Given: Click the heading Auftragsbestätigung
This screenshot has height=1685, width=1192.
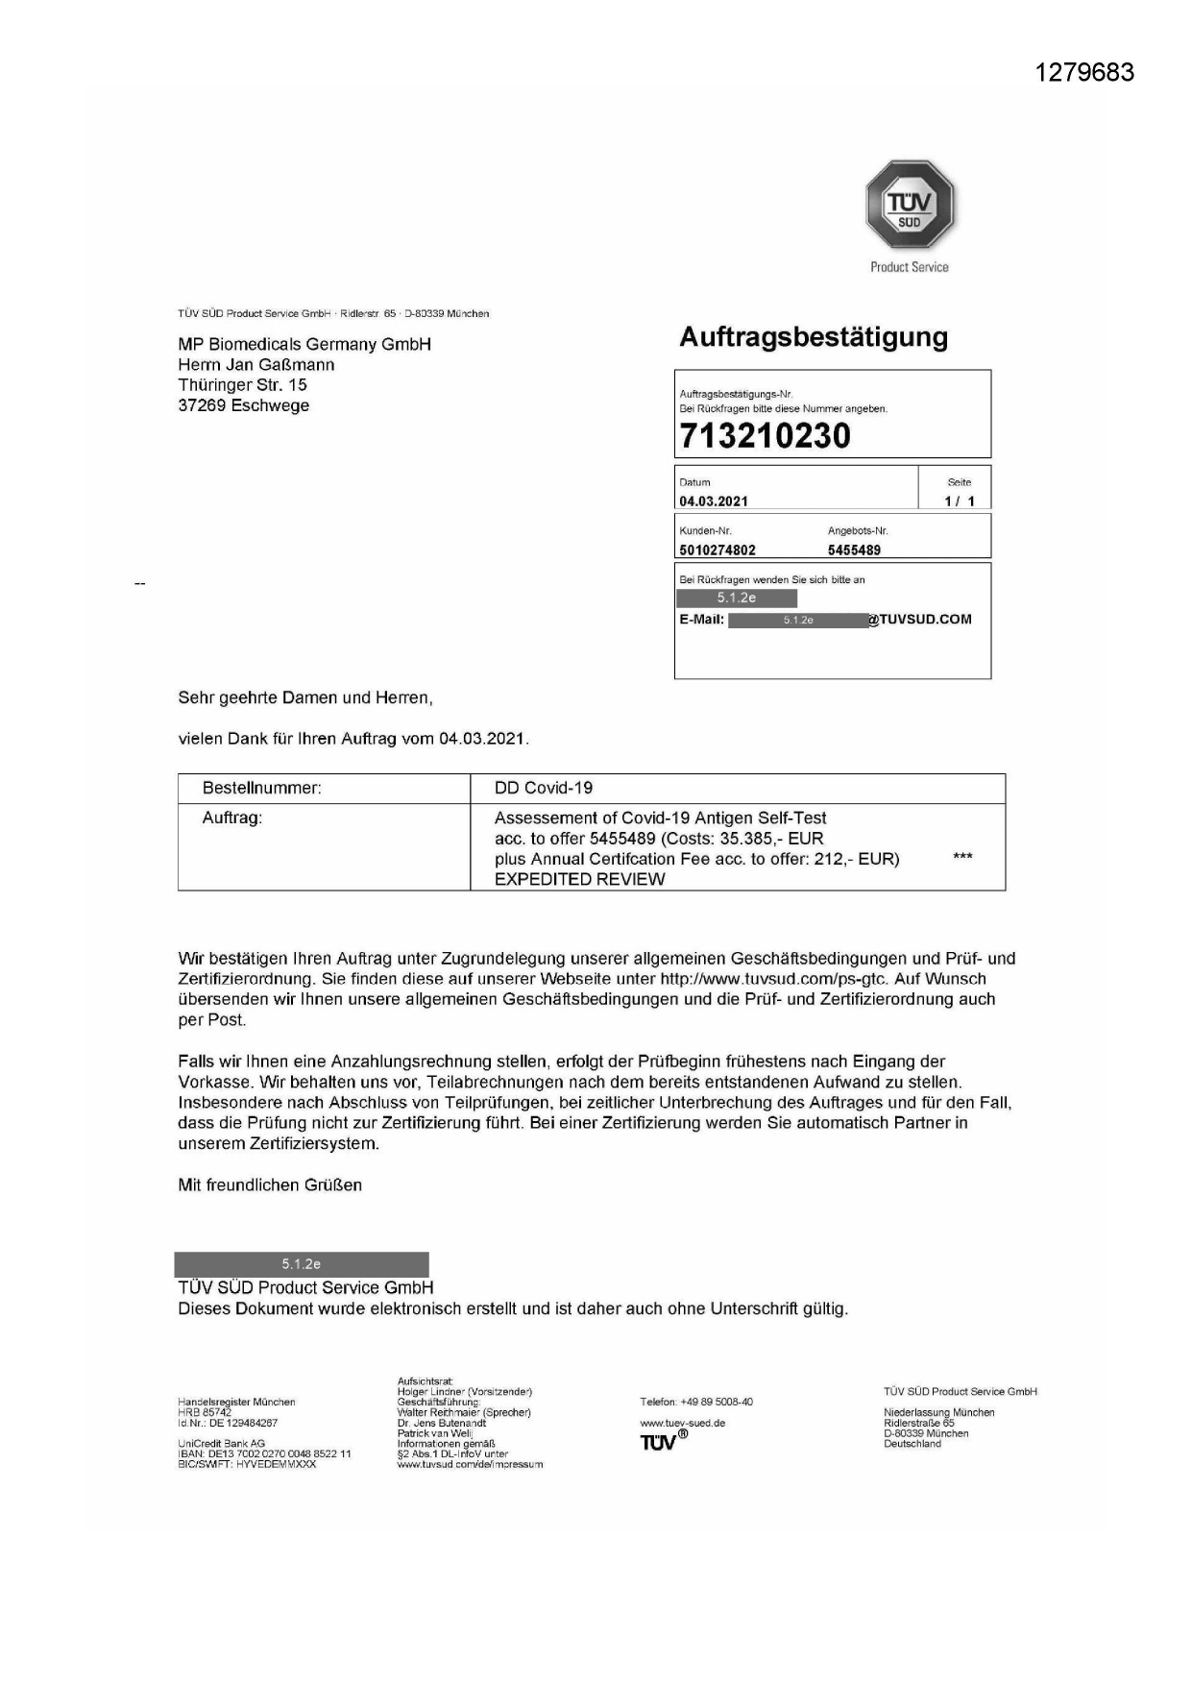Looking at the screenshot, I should click(813, 337).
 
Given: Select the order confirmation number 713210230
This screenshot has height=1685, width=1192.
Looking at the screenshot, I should click(765, 436).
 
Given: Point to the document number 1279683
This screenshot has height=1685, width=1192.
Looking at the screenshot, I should click(1084, 73).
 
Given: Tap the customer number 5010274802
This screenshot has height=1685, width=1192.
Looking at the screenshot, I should click(717, 550).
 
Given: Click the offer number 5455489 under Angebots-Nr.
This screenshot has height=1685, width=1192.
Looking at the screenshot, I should click(854, 550).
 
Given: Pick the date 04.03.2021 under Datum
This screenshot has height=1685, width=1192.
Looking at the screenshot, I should click(713, 501).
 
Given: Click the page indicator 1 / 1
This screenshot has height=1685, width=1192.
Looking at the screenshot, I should click(959, 501).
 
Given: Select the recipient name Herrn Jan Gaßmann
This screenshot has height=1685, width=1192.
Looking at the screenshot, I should click(256, 365).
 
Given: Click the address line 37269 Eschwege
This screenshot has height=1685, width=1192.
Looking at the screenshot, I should click(244, 405).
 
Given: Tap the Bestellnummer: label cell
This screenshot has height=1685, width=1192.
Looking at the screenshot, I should click(261, 788).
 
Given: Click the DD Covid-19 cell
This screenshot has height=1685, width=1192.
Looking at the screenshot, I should click(544, 788).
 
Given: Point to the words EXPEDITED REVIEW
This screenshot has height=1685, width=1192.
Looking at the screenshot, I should click(579, 879).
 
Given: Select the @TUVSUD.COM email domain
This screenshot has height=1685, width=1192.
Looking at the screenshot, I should click(920, 620).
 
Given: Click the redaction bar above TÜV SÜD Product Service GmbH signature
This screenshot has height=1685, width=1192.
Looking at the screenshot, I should click(302, 1264).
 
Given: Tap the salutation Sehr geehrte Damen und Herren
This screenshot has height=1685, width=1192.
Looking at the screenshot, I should click(305, 698).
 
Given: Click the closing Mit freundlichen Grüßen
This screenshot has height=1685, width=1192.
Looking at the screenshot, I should click(270, 1185).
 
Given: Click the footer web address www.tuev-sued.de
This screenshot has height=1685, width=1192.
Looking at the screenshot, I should click(682, 1423).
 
